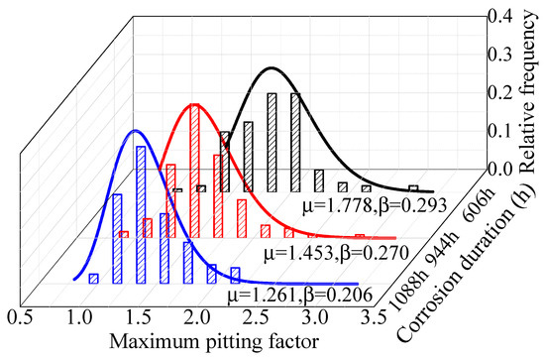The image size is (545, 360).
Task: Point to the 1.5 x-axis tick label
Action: click(138, 316)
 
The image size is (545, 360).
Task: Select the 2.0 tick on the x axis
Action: click(197, 316)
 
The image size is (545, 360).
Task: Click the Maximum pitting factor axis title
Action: click(197, 343)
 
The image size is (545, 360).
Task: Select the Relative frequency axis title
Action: click(528, 89)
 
